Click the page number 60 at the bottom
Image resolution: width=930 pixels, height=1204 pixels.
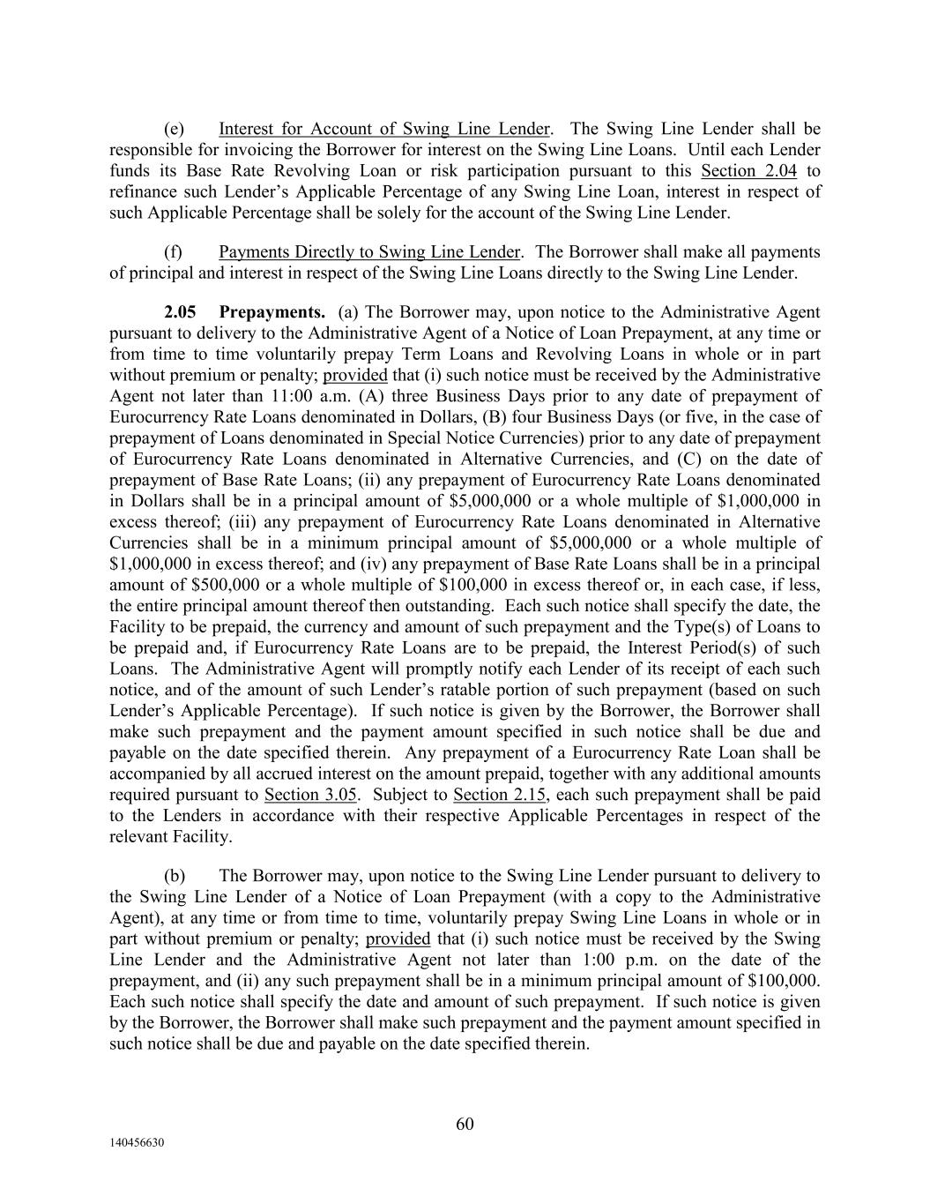coord(465,1124)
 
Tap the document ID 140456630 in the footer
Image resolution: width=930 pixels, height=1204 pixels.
coord(138,1142)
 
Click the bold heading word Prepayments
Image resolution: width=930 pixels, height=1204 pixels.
coord(272,312)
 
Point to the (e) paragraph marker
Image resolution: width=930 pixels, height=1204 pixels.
coord(174,129)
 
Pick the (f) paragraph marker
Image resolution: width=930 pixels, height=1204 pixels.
coord(174,252)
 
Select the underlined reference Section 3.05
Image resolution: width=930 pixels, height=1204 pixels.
coord(310,795)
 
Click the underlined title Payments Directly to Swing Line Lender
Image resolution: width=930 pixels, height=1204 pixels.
coord(368,252)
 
